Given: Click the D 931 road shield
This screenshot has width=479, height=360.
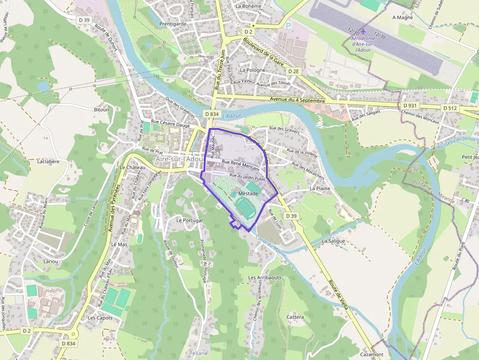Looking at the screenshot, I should (x=410, y=106).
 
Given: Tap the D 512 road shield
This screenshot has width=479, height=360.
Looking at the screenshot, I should (x=449, y=107).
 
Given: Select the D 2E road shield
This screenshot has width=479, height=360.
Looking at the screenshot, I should (x=293, y=71).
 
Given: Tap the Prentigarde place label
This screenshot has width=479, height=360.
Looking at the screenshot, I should (x=173, y=23).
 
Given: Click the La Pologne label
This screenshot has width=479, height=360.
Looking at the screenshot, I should (x=253, y=70).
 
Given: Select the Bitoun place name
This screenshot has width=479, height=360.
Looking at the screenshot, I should (x=102, y=109).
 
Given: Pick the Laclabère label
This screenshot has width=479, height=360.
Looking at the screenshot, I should (x=48, y=161).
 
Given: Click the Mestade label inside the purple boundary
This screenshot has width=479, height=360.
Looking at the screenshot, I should (x=248, y=193).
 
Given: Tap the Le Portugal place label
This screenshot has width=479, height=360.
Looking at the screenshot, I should (x=189, y=220).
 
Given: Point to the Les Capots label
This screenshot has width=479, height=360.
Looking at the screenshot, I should (x=100, y=318).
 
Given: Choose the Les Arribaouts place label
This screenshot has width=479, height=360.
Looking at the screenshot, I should (x=264, y=277).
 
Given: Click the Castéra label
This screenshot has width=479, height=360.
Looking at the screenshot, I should (x=295, y=317).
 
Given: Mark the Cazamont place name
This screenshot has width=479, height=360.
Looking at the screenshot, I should (x=371, y=354).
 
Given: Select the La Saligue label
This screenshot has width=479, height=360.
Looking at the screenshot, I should (x=333, y=241).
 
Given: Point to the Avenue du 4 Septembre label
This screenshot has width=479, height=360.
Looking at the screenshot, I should (x=297, y=100).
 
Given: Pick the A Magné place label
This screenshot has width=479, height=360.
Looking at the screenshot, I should (x=403, y=18).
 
